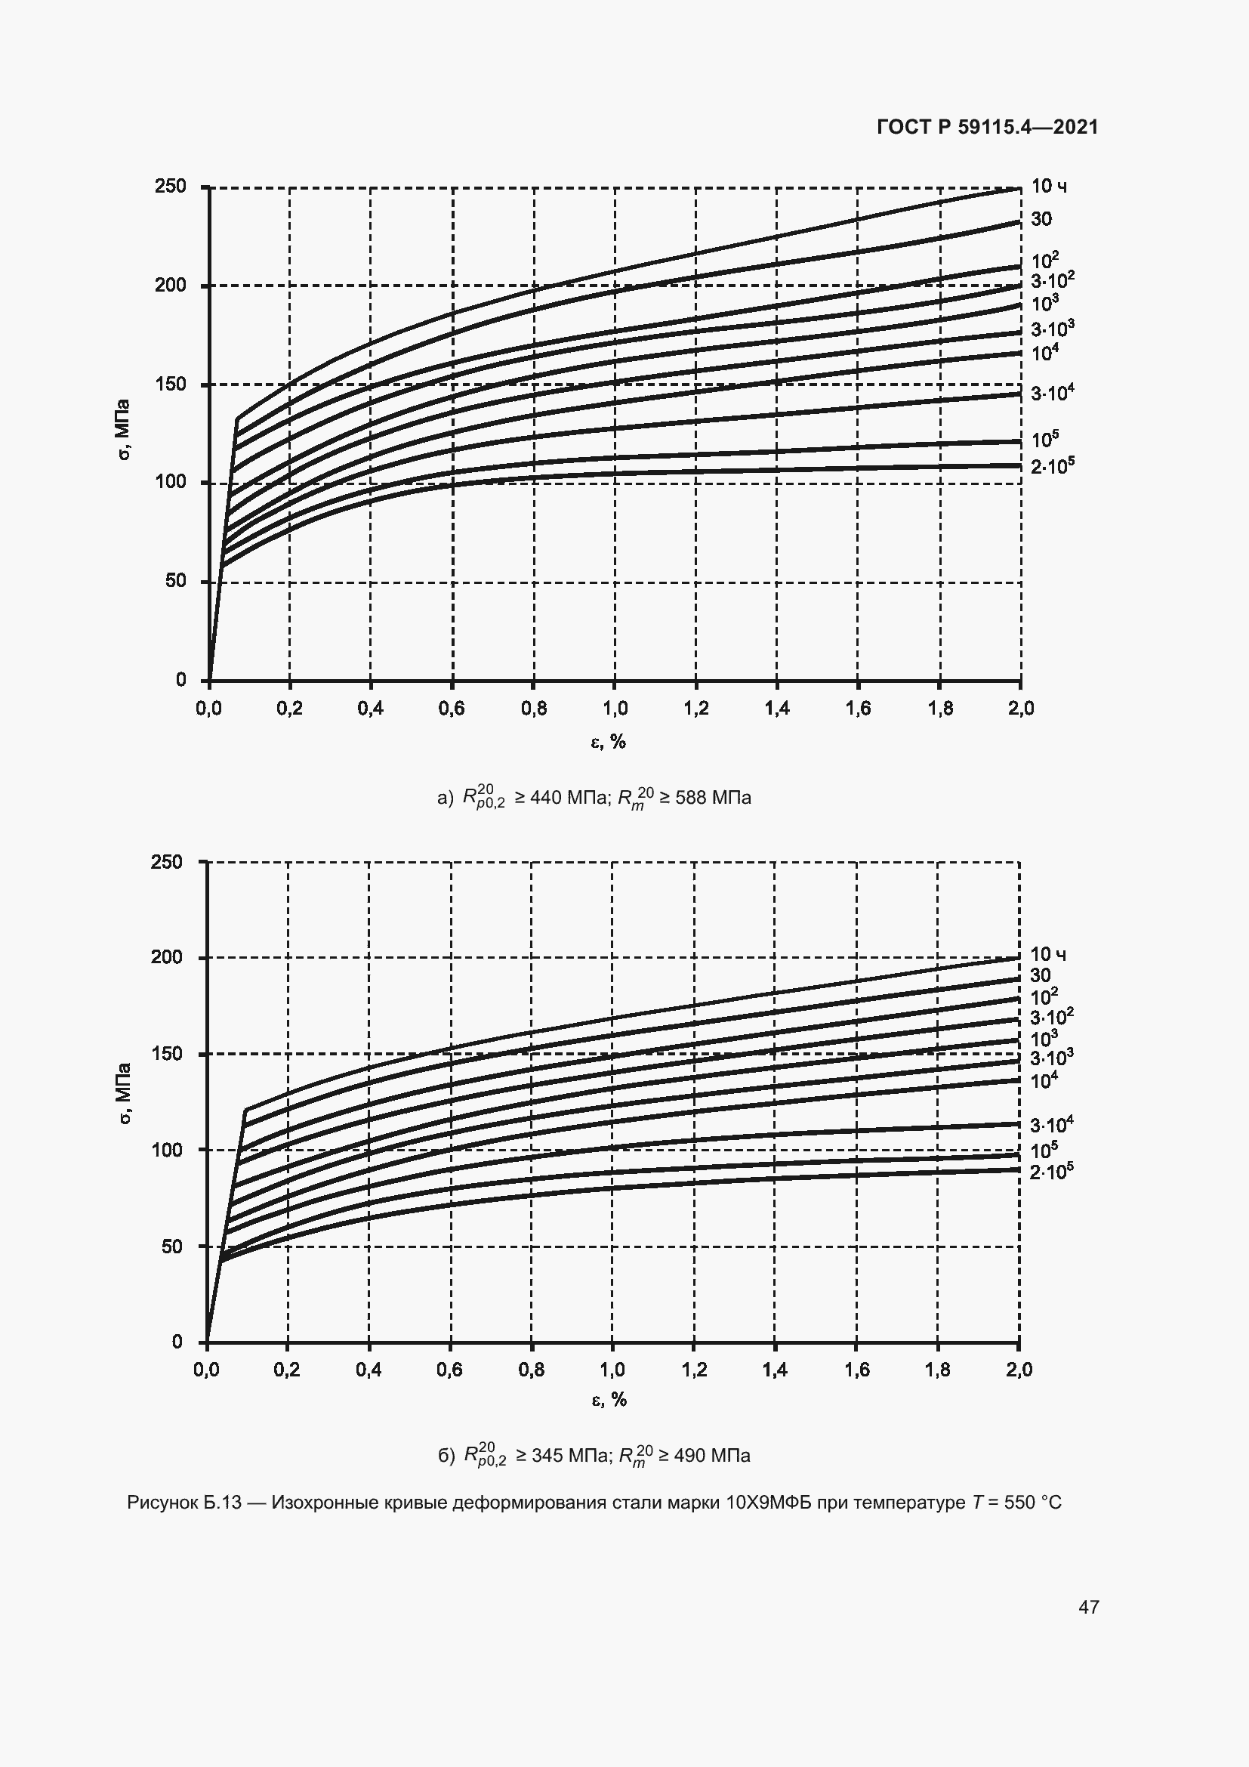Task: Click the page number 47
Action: coord(1088,1606)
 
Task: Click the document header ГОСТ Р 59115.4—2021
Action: coord(988,127)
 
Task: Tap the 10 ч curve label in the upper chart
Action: coord(1048,187)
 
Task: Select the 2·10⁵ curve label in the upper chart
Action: coord(1051,465)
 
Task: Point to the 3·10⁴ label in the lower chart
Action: coord(1050,1125)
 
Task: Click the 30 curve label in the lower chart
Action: coord(1040,976)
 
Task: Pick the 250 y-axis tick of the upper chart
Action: coord(170,187)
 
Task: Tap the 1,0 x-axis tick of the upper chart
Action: coord(615,709)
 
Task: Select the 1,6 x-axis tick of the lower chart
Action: coord(856,1370)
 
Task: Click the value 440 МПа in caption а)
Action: coord(569,798)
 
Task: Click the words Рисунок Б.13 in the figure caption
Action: coord(183,1503)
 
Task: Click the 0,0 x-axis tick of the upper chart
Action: coord(208,709)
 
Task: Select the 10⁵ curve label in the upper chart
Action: coord(1044,440)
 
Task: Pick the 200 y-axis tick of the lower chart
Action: coord(167,957)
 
